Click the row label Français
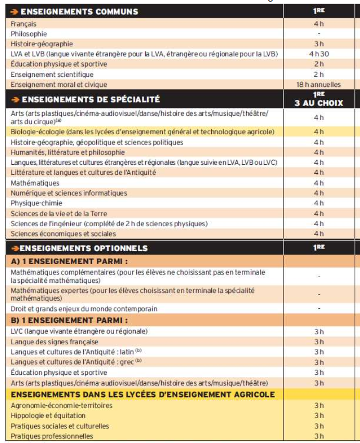[24, 24]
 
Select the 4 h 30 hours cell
[319, 54]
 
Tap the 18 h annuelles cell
[319, 84]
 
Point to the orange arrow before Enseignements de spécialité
[15, 99]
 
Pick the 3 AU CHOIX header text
[319, 103]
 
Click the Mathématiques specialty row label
[35, 183]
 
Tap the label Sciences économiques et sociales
[63, 234]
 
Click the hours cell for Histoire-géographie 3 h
[319, 44]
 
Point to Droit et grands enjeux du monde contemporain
[84, 309]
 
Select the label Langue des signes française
[55, 342]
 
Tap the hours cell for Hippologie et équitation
[319, 416]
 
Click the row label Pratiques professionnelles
[52, 436]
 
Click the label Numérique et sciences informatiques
[69, 193]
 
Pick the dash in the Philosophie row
[319, 34]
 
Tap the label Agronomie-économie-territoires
[61, 406]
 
